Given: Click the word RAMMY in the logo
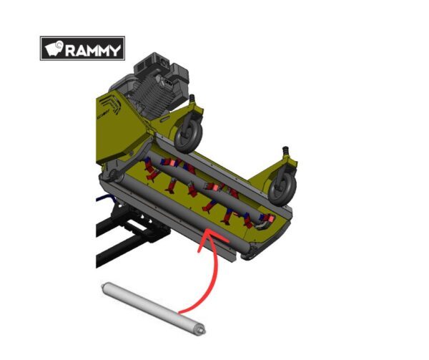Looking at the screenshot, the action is point(93,50).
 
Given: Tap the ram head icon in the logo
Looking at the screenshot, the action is point(54,49).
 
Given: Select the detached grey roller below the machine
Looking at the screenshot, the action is point(153,308).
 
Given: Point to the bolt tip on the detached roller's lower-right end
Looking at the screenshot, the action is point(203,331).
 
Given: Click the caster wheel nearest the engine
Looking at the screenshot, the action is point(188,135).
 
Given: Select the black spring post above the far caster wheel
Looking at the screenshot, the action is point(285,151).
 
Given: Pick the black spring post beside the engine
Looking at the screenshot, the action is point(192,98).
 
